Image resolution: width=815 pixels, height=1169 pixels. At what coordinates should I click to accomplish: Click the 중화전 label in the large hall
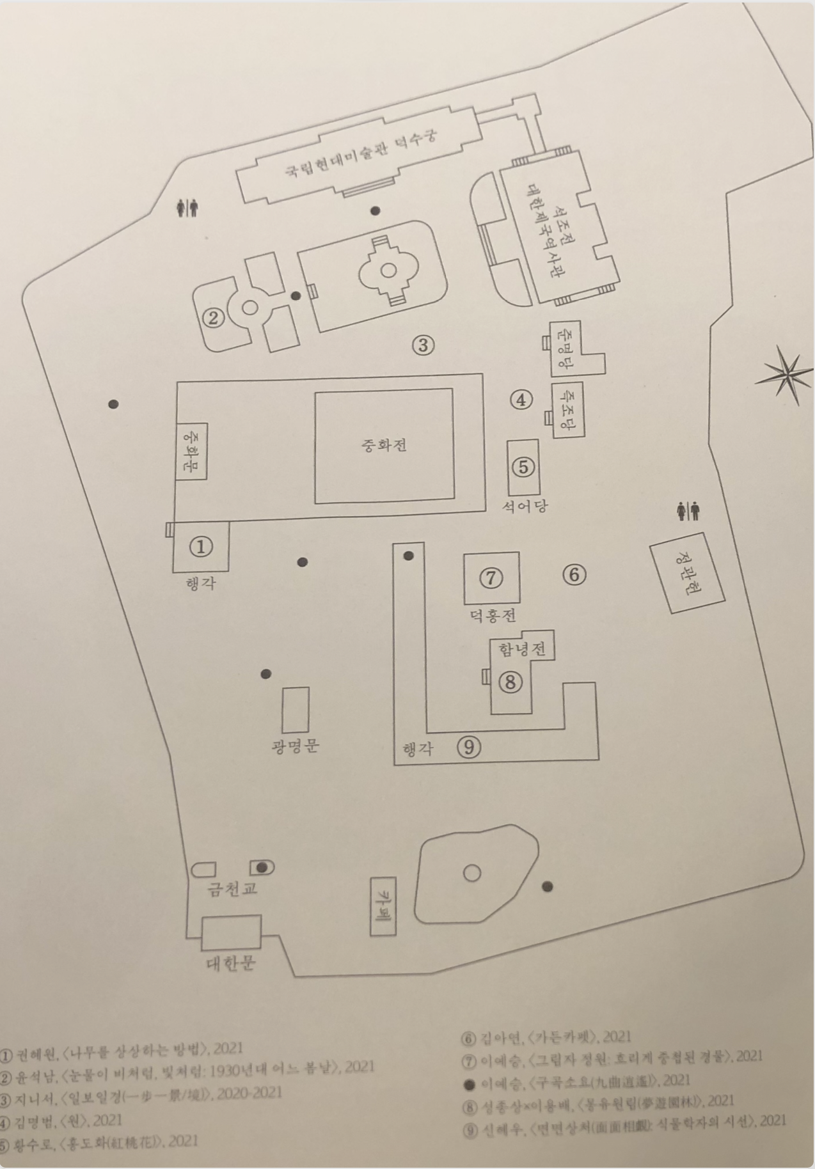[x=384, y=445]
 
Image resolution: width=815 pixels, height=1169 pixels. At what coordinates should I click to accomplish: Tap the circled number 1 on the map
[x=202, y=546]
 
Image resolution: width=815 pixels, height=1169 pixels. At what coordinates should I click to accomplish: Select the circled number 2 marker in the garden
[x=213, y=317]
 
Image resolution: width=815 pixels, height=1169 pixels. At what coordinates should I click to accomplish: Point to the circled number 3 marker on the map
[x=423, y=345]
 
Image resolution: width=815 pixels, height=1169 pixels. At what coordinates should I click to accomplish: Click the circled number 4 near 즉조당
[x=521, y=400]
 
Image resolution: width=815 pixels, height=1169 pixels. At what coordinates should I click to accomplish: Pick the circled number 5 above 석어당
[x=523, y=467]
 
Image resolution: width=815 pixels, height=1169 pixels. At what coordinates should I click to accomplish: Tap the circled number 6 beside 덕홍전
[x=574, y=574]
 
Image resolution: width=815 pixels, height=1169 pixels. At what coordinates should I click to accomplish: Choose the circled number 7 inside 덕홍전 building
[x=491, y=577]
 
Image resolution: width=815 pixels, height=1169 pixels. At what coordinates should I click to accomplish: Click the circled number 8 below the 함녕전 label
[x=510, y=682]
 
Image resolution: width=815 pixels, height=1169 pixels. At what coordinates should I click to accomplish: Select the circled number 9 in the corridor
[x=469, y=746]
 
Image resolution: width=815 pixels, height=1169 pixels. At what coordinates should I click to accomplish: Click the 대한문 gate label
[x=231, y=963]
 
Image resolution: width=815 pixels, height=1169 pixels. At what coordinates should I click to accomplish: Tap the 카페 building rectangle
[x=384, y=905]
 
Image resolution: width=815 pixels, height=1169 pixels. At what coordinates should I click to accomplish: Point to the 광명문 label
[x=295, y=746]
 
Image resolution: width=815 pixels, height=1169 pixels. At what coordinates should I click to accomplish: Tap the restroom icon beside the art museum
[x=187, y=208]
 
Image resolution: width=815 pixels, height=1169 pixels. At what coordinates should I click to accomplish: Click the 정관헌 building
[x=687, y=574]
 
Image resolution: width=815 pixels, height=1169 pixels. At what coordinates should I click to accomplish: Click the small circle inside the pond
[x=471, y=873]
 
